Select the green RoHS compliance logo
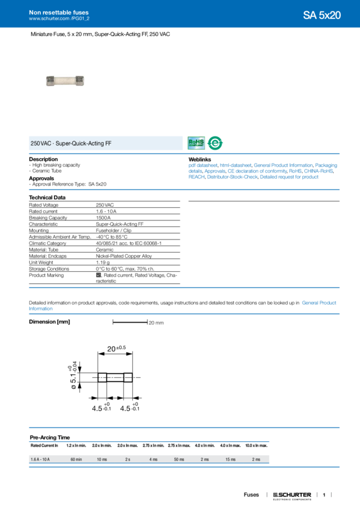point(196,143)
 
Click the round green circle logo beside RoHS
point(214,144)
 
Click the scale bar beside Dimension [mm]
point(130,322)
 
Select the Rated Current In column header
point(45,446)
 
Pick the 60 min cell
point(76,459)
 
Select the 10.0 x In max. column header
point(256,446)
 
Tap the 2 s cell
point(127,459)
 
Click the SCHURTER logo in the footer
point(292,495)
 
